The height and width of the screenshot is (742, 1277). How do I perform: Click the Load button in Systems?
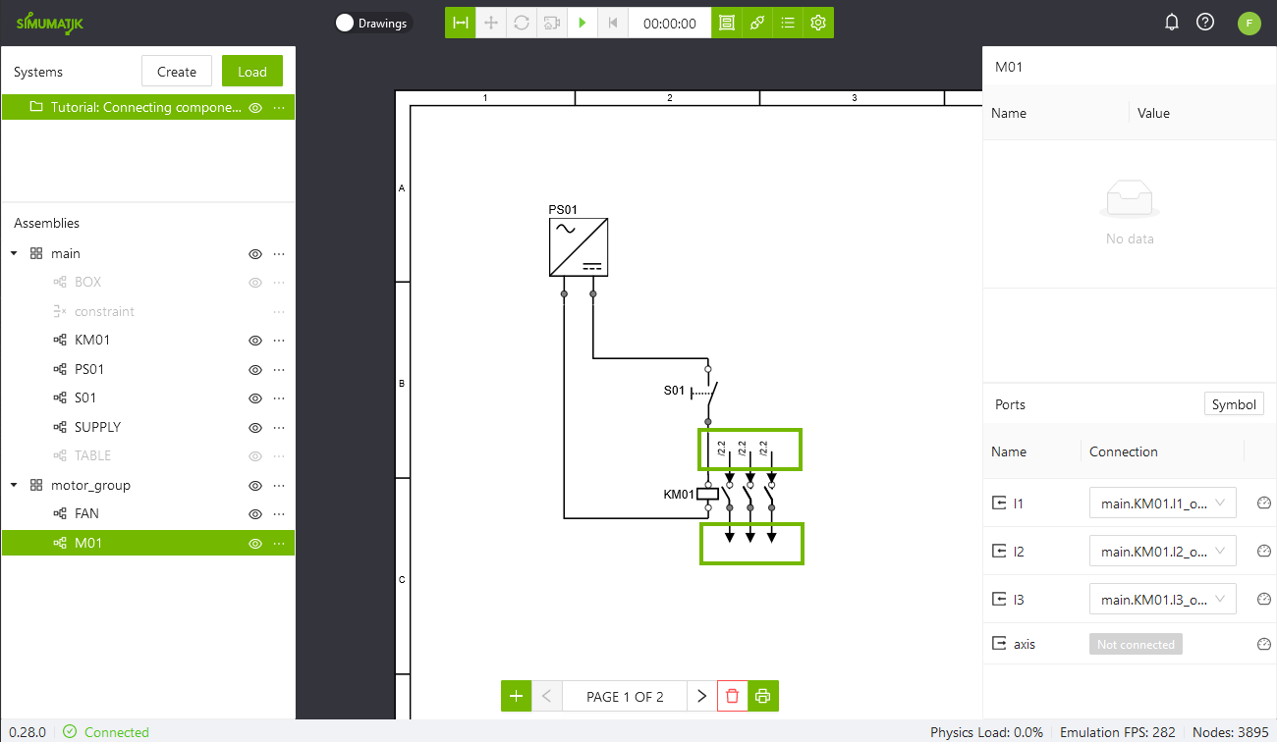(252, 72)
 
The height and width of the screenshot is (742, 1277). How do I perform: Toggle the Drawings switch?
(345, 23)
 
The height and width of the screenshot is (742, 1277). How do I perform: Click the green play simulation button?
(583, 23)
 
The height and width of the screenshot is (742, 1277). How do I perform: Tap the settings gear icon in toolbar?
(818, 23)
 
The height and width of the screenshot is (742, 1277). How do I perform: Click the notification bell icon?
(1172, 23)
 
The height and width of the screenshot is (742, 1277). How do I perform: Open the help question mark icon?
(1205, 23)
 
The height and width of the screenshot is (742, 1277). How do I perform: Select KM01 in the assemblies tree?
(91, 340)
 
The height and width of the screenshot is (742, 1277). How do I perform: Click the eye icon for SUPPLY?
(255, 428)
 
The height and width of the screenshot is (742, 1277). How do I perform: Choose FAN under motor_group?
(86, 513)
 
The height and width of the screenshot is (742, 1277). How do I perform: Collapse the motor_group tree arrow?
(14, 485)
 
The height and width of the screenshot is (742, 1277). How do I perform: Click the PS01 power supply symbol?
(578, 247)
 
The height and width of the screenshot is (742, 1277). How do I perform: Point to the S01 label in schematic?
(674, 391)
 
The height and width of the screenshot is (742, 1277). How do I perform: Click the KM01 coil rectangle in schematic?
(707, 495)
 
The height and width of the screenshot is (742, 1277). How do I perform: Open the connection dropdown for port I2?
(1162, 552)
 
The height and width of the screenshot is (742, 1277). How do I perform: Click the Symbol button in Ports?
(1234, 404)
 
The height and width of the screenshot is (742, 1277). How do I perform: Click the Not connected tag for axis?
(1136, 644)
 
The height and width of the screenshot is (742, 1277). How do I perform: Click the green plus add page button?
(516, 696)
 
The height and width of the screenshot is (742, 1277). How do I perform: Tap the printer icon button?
(763, 696)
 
